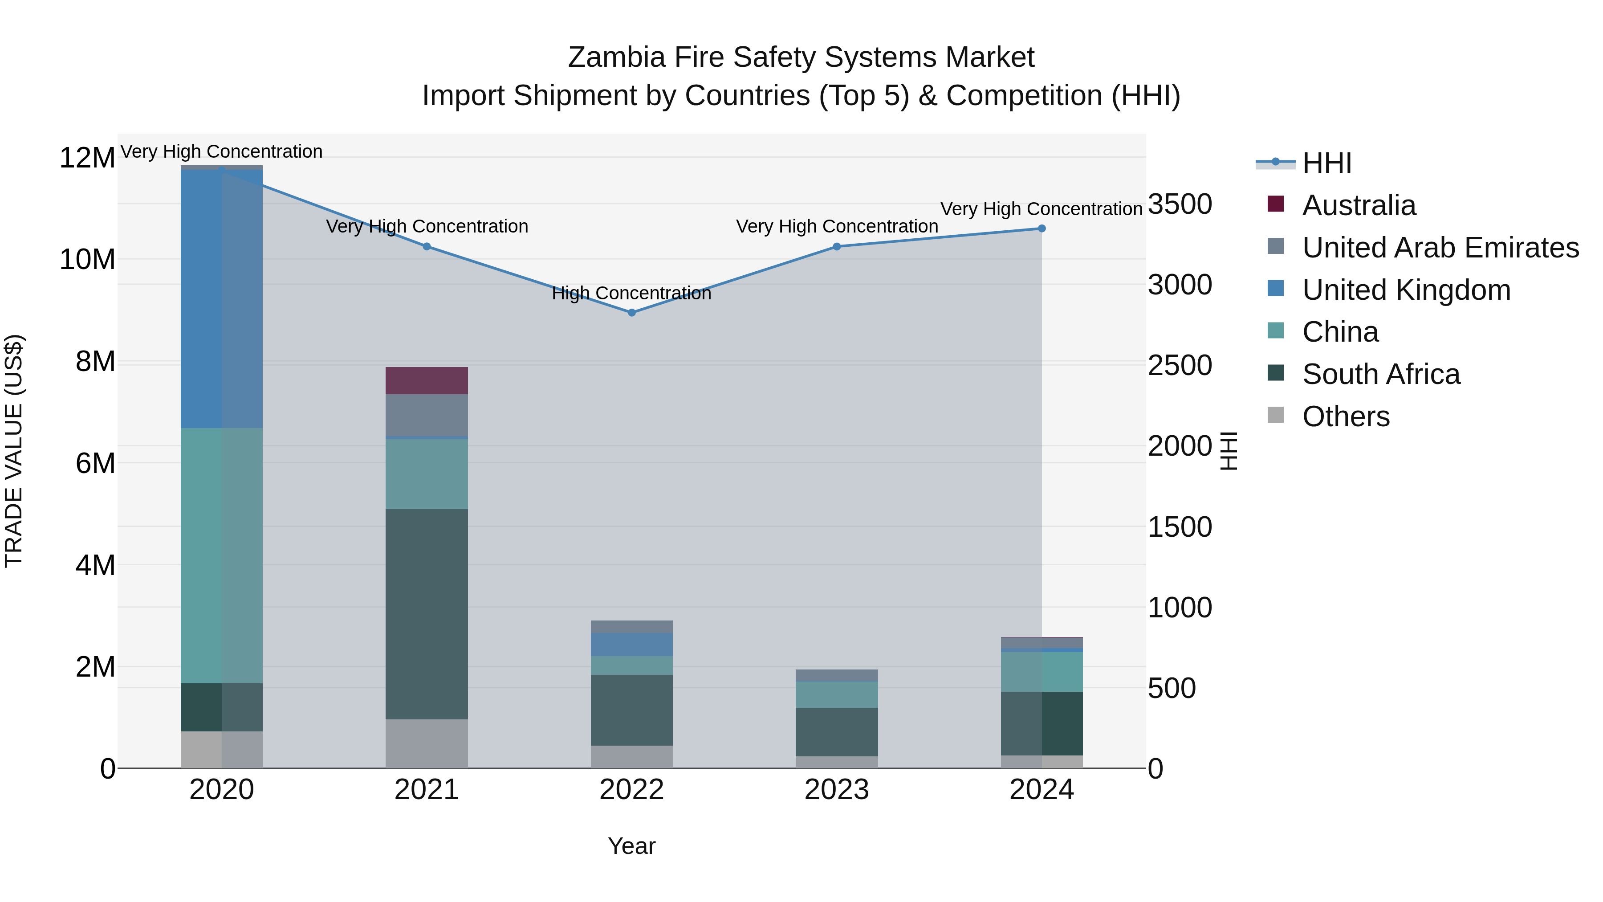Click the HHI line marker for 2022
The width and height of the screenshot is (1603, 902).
point(631,313)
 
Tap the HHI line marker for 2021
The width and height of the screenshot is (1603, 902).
point(427,246)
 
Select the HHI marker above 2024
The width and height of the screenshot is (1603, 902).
point(1042,229)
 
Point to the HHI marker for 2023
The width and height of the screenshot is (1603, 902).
point(837,246)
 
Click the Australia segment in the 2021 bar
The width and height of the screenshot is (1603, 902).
point(427,380)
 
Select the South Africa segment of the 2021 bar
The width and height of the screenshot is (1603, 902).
point(427,614)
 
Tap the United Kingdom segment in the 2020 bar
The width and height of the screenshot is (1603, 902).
point(222,299)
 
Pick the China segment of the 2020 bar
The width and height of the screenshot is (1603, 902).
point(222,555)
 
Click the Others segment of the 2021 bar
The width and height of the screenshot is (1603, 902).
point(427,743)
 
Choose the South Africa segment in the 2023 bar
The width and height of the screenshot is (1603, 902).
point(837,731)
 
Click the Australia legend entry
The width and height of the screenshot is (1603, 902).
point(1359,205)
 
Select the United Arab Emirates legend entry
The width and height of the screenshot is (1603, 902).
point(1440,248)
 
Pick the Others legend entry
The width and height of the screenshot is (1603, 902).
point(1345,416)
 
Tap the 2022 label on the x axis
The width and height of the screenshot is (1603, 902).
point(631,790)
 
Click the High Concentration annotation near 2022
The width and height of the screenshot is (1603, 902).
point(631,293)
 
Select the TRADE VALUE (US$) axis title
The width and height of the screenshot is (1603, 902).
point(14,451)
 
